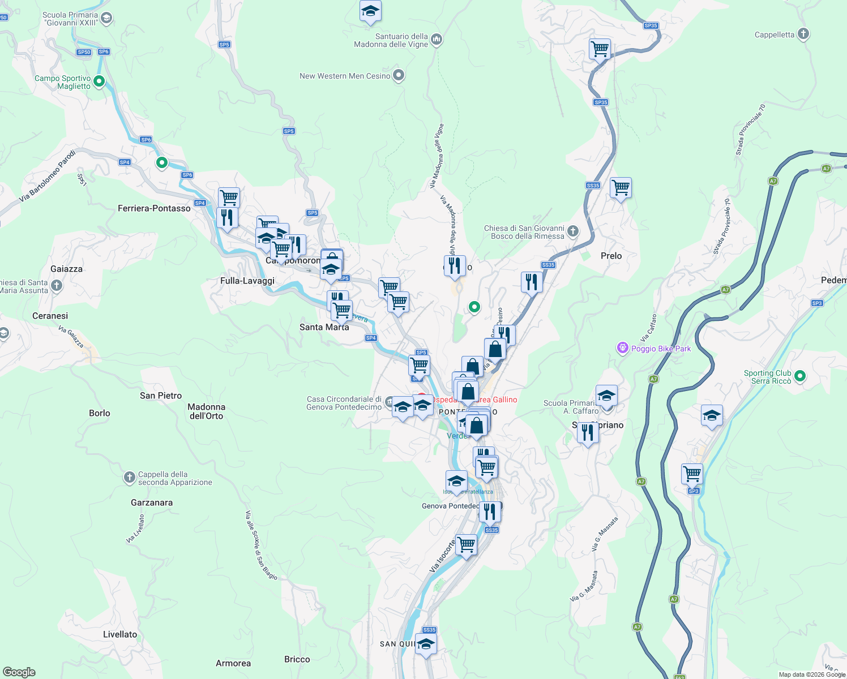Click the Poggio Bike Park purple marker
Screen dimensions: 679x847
pyautogui.click(x=623, y=347)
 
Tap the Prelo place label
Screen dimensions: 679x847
pyautogui.click(x=611, y=256)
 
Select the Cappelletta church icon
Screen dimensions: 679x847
pyautogui.click(x=803, y=34)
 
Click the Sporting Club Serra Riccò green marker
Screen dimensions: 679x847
pyautogui.click(x=799, y=376)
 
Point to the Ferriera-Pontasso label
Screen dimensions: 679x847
pyautogui.click(x=154, y=208)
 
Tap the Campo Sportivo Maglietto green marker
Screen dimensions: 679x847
pyautogui.click(x=99, y=81)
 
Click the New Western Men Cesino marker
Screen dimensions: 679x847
pyautogui.click(x=399, y=75)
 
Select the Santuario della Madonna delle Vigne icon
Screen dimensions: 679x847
pyautogui.click(x=436, y=39)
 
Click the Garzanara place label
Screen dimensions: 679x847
pyautogui.click(x=152, y=502)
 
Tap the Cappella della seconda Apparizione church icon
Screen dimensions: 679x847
pyautogui.click(x=130, y=478)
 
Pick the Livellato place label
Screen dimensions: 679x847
pyautogui.click(x=120, y=634)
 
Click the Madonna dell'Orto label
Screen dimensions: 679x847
pyautogui.click(x=206, y=411)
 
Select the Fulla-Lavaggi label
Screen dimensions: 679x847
pyautogui.click(x=247, y=281)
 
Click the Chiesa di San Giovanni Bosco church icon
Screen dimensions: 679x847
pyautogui.click(x=573, y=231)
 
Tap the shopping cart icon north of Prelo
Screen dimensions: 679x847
pyautogui.click(x=621, y=187)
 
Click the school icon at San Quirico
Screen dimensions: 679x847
pyautogui.click(x=426, y=644)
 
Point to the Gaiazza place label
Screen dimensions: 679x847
pyautogui.click(x=66, y=269)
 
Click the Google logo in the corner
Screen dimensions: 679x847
pyautogui.click(x=19, y=672)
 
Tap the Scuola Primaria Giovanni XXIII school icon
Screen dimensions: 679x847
pyautogui.click(x=106, y=19)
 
